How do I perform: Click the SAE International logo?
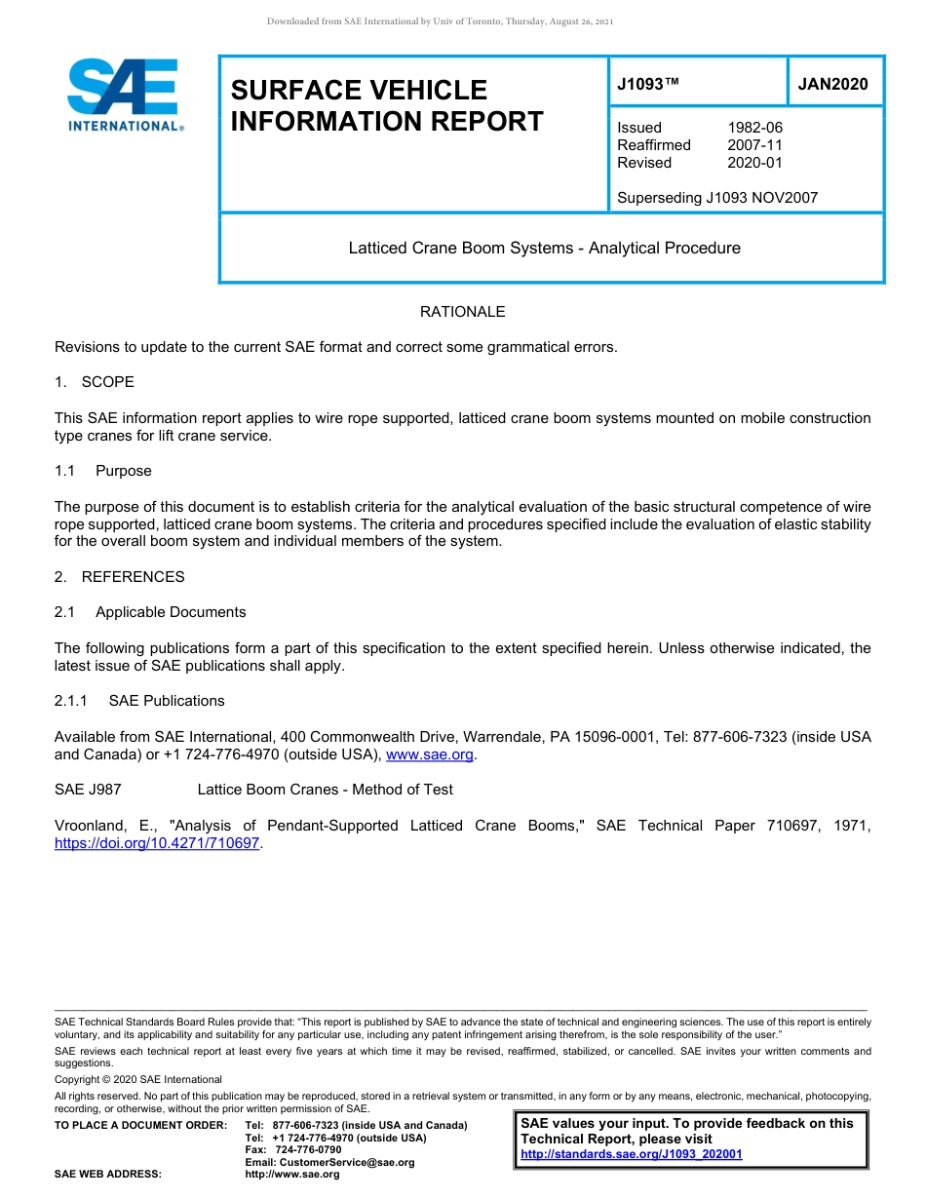125,95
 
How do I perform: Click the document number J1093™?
647,85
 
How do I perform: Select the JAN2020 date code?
832,85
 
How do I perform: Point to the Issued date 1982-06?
754,128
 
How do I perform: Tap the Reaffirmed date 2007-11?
754,145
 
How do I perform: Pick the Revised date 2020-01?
754,163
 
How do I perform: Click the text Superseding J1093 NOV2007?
717,198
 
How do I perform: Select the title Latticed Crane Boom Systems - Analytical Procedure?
544,249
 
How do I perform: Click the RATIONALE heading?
462,312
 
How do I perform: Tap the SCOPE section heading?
107,382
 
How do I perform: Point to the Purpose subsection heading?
123,471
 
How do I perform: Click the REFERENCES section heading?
133,577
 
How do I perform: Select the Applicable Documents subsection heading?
171,612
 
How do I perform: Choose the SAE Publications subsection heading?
167,701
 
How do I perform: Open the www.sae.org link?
430,754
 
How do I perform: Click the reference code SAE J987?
88,790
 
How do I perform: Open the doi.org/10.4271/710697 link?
158,843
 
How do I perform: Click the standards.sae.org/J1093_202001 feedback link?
631,1154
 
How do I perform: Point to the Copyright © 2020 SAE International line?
138,1079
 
